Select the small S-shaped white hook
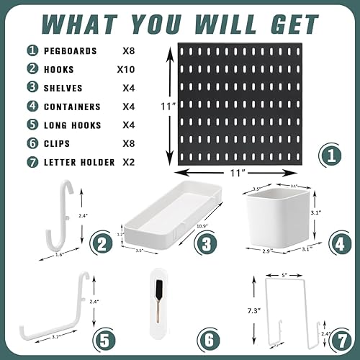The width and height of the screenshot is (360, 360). (x=66, y=215)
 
